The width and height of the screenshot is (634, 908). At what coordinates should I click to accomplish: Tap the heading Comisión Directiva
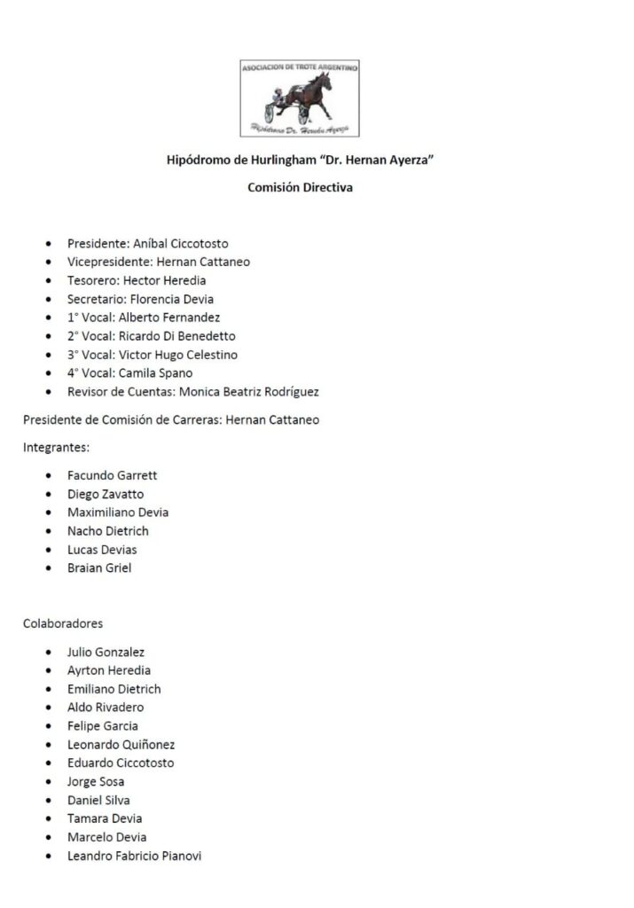[x=300, y=187]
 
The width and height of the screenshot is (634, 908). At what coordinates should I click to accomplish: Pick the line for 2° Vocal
[x=152, y=336]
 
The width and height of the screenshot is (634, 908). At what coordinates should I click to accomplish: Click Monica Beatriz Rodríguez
[x=244, y=392]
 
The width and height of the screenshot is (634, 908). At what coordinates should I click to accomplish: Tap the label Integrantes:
[x=56, y=448]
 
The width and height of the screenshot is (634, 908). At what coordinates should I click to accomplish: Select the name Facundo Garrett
[x=113, y=475]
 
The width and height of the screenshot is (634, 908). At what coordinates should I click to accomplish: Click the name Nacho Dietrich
[x=108, y=531]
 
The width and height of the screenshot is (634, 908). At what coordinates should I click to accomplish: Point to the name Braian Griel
[x=99, y=568]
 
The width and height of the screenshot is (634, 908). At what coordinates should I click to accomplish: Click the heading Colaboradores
[x=63, y=623]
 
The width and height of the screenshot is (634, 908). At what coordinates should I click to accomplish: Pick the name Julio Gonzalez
[x=106, y=652]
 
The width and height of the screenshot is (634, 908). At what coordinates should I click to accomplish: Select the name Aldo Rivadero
[x=106, y=708]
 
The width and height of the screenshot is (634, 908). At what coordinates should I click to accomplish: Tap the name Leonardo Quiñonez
[x=121, y=745]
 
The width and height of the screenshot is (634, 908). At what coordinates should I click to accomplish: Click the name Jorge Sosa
[x=96, y=782]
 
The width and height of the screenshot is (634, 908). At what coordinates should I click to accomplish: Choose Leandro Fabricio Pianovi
[x=135, y=857]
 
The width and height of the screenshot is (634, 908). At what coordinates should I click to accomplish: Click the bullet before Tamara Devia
[x=49, y=819]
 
